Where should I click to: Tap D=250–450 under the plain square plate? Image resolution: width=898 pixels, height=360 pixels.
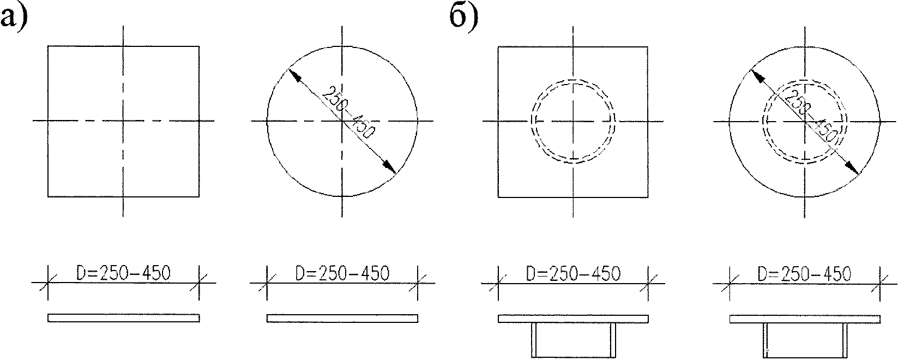tap(123, 273)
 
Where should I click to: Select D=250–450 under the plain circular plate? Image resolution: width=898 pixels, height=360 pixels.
tap(342, 273)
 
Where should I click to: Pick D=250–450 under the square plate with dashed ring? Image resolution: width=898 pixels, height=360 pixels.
tap(573, 273)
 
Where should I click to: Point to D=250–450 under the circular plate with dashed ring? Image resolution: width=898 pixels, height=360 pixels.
tap(805, 274)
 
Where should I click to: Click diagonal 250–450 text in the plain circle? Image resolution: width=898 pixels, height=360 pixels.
tap(349, 112)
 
